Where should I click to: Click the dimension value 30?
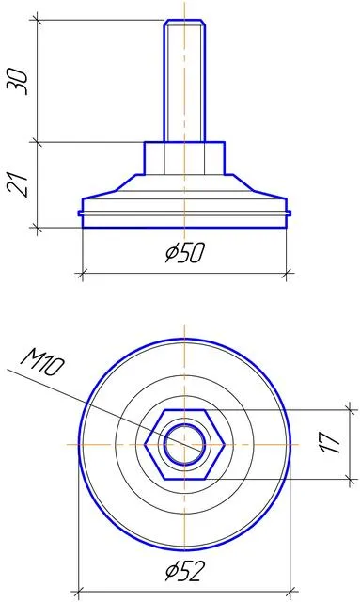point(18,82)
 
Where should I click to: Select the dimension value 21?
point(18,184)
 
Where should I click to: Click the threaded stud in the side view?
point(184,81)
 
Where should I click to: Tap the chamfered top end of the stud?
point(184,23)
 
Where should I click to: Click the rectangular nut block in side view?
point(184,158)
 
